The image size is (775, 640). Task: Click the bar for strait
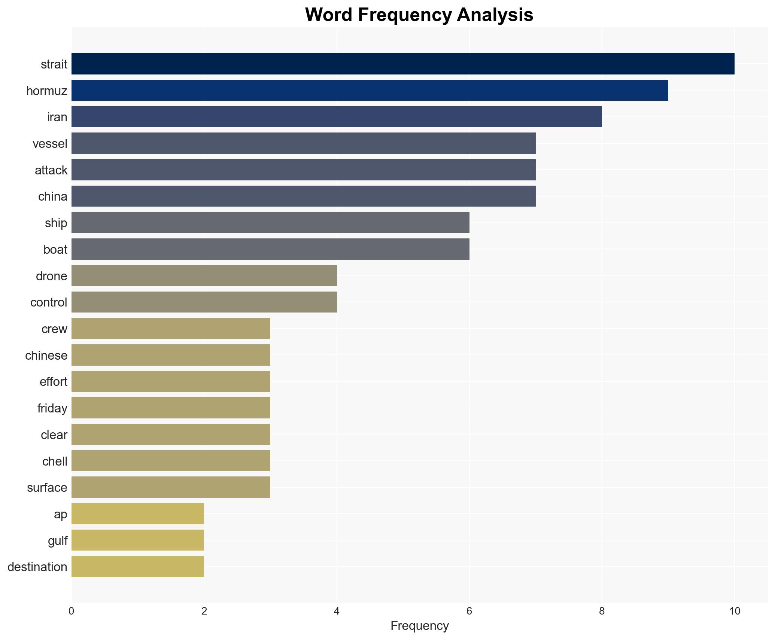(403, 64)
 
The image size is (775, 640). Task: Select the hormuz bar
(370, 91)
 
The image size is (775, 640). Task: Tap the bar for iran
(337, 117)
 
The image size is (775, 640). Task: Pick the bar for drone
(204, 276)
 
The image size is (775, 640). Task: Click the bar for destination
(138, 567)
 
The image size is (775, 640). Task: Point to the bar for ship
(270, 223)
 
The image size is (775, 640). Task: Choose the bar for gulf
(138, 540)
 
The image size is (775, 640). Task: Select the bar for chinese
(171, 355)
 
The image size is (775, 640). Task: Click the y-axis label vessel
(50, 144)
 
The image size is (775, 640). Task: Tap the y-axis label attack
(51, 170)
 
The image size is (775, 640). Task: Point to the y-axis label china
(52, 196)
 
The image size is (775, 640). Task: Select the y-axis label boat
(55, 250)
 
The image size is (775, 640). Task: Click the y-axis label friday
(52, 408)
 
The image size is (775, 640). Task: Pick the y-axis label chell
(55, 461)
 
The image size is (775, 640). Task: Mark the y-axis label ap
(60, 514)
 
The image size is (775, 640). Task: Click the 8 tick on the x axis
(602, 612)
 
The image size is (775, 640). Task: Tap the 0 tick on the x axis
(72, 612)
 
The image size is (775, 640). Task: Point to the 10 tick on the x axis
(734, 612)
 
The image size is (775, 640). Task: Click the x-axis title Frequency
(419, 626)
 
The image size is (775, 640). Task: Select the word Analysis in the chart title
(495, 15)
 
